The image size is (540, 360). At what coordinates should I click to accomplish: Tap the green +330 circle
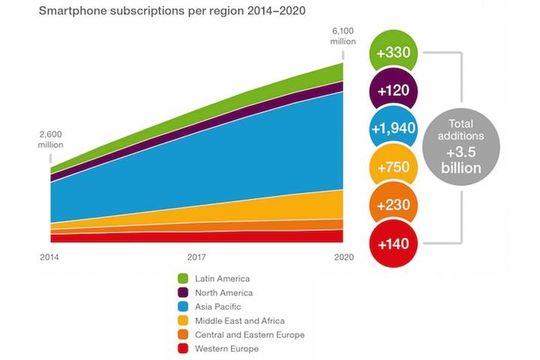(394, 54)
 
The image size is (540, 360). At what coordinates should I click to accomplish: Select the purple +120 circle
(394, 91)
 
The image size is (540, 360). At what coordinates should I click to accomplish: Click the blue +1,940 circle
(394, 130)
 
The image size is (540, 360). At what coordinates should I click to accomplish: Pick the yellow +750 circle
(394, 168)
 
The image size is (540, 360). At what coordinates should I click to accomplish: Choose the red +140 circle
(394, 244)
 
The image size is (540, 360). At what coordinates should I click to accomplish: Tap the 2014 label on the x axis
(50, 256)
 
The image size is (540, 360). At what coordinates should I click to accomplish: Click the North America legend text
(223, 292)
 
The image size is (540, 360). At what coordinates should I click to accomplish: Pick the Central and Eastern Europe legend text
(250, 334)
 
